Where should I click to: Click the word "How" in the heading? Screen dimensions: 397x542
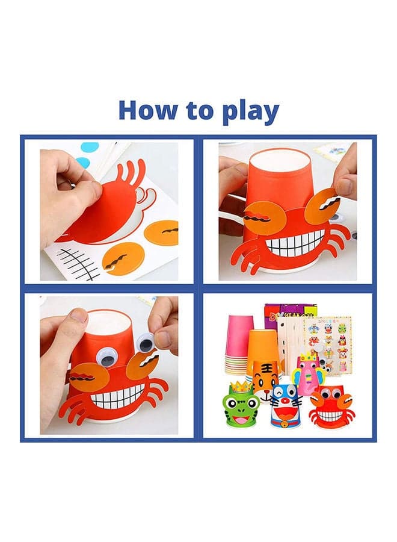147,110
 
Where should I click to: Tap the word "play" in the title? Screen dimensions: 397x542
251,111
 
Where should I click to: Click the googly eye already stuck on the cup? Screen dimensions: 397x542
109,357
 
